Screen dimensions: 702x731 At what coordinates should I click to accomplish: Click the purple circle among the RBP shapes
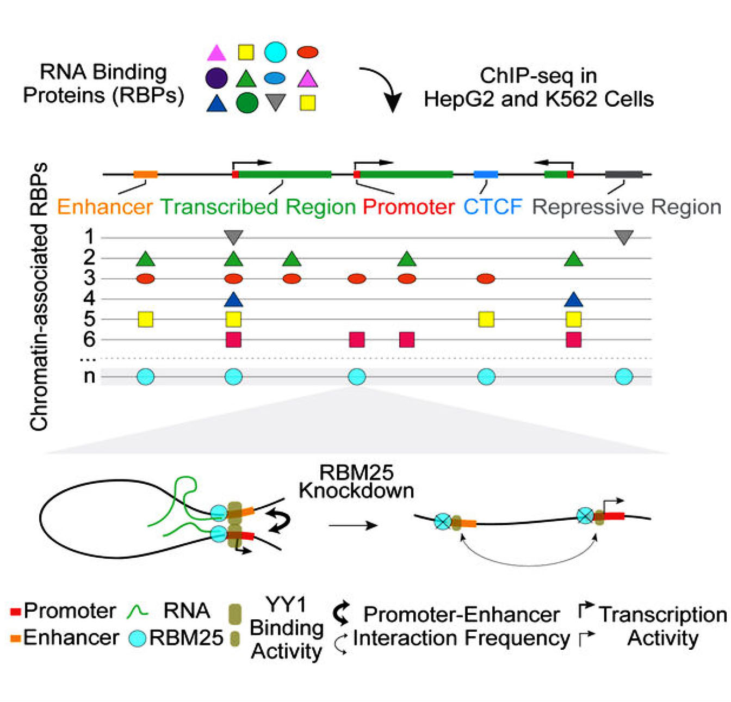[x=216, y=78]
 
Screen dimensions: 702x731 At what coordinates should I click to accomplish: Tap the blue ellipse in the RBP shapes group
[x=275, y=78]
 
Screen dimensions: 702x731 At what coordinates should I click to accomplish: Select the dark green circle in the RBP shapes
[x=247, y=102]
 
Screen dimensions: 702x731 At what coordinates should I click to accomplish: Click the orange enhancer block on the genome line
[x=146, y=175]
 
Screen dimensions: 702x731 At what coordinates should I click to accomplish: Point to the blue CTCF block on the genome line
[x=486, y=175]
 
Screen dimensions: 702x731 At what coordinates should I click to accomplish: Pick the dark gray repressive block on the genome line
[x=623, y=175]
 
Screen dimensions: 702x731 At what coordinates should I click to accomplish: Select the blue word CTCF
[x=493, y=207]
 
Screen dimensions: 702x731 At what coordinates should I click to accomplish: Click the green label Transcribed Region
[x=258, y=207]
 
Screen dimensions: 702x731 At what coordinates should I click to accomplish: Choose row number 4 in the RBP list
[x=89, y=298]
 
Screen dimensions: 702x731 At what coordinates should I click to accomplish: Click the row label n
[x=89, y=376]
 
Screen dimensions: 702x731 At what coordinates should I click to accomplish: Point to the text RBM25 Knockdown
[x=356, y=482]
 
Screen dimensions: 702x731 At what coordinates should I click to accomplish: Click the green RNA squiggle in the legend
[x=138, y=611]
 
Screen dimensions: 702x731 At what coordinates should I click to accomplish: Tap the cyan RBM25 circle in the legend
[x=138, y=638]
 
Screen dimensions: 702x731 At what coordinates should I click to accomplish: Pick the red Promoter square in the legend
[x=16, y=612]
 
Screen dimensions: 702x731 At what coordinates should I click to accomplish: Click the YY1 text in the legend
[x=286, y=605]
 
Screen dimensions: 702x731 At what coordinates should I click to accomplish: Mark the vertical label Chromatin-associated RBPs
[x=39, y=297]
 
